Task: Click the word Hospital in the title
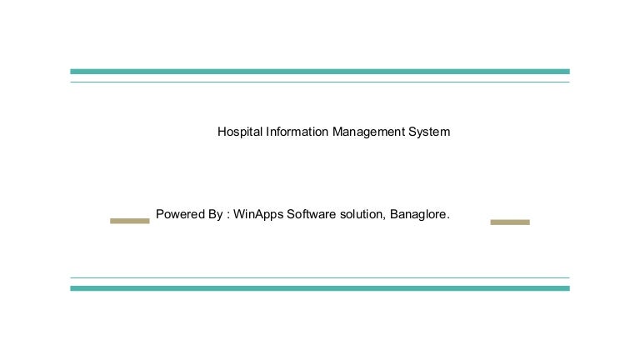pos(240,132)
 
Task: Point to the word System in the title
pos(429,132)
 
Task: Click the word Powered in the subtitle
pos(179,214)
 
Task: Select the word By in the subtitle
pos(214,214)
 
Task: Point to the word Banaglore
pos(418,214)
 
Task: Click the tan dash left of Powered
pos(130,221)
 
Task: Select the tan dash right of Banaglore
pos(510,222)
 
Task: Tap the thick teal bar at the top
pos(320,72)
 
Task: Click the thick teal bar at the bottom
pos(320,288)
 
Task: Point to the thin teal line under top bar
pos(320,82)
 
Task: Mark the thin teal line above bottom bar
pos(320,277)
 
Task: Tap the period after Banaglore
pos(448,217)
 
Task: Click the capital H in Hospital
pos(222,132)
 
